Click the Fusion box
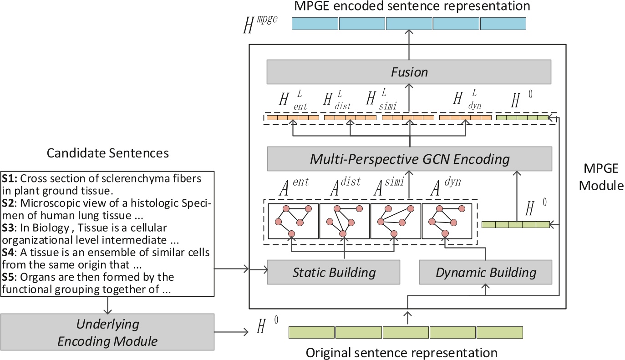[409, 72]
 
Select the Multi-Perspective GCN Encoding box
[409, 159]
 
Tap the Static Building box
[333, 272]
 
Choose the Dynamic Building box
[485, 272]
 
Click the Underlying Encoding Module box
[107, 332]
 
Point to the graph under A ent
[293, 221]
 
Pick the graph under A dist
[345, 221]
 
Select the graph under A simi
[396, 221]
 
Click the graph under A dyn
[447, 221]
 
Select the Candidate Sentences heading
[107, 153]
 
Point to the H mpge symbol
[259, 25]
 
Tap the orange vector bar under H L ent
[293, 118]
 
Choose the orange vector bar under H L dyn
[465, 118]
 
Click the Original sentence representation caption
[401, 352]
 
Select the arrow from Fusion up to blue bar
[409, 46]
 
